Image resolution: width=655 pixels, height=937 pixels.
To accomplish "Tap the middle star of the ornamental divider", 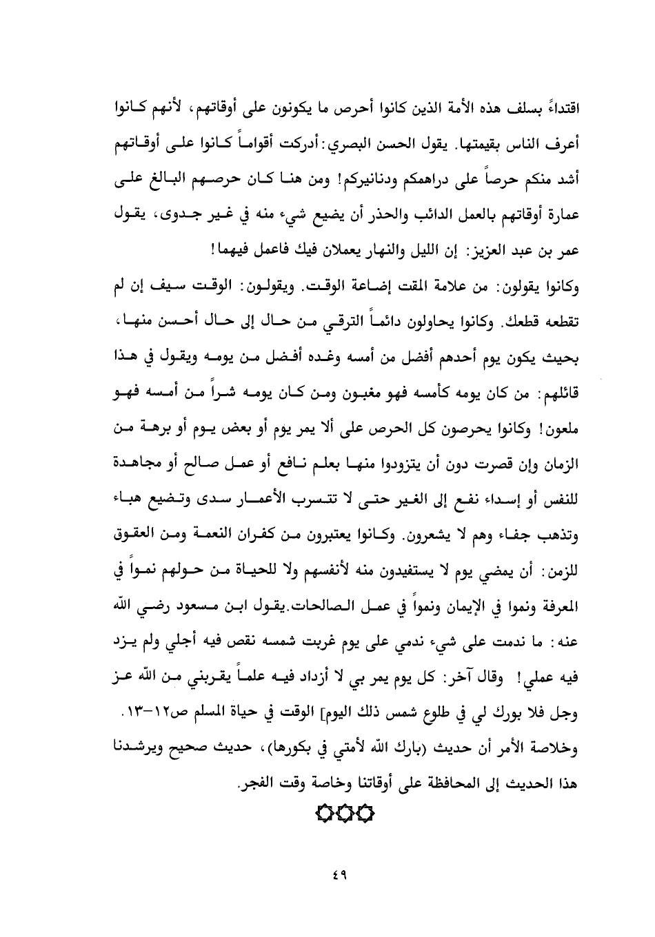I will coord(344,814).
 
